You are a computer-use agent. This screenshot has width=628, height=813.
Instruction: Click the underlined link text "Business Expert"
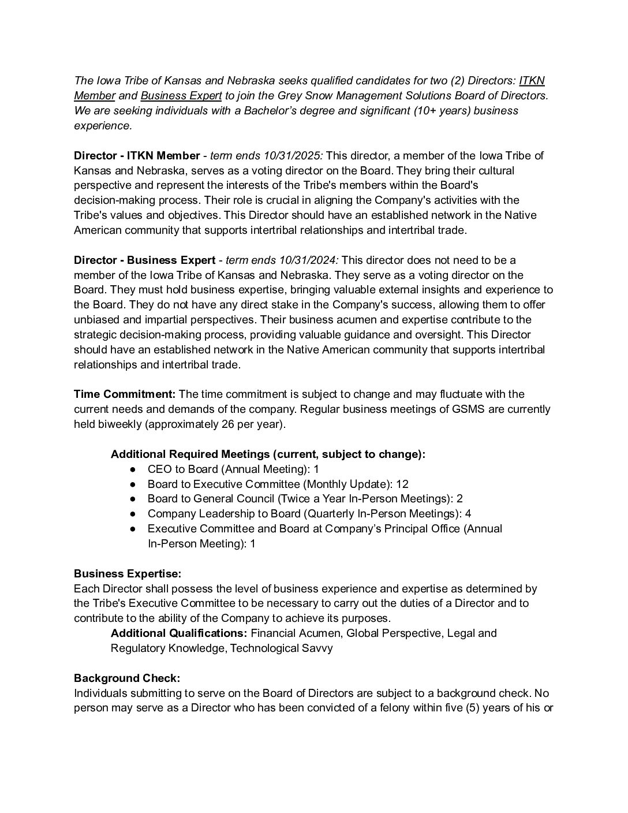click(181, 95)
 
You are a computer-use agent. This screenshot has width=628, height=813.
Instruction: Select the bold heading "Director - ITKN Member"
click(137, 156)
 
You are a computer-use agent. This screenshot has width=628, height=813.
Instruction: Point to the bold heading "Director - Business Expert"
click(144, 260)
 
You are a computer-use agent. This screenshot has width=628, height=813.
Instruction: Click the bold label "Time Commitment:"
click(125, 394)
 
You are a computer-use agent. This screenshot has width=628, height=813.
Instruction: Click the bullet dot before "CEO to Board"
click(133, 469)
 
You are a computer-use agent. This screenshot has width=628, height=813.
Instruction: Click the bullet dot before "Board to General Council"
click(133, 499)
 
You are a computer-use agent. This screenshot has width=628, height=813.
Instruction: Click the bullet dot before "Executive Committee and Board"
click(133, 529)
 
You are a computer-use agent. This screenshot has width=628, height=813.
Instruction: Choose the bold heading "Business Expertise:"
click(128, 574)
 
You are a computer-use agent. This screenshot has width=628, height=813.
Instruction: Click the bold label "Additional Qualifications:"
click(179, 633)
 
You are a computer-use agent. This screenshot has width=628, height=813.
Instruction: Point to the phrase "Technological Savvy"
click(282, 648)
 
